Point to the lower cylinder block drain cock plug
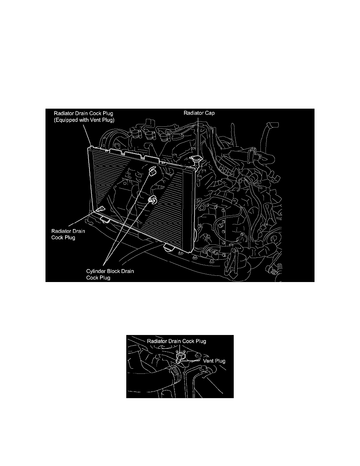(151, 199)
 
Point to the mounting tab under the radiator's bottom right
(168, 248)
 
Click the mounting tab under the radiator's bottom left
(104, 218)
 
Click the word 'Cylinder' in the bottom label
(96, 271)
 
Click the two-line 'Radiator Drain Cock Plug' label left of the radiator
(68, 234)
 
